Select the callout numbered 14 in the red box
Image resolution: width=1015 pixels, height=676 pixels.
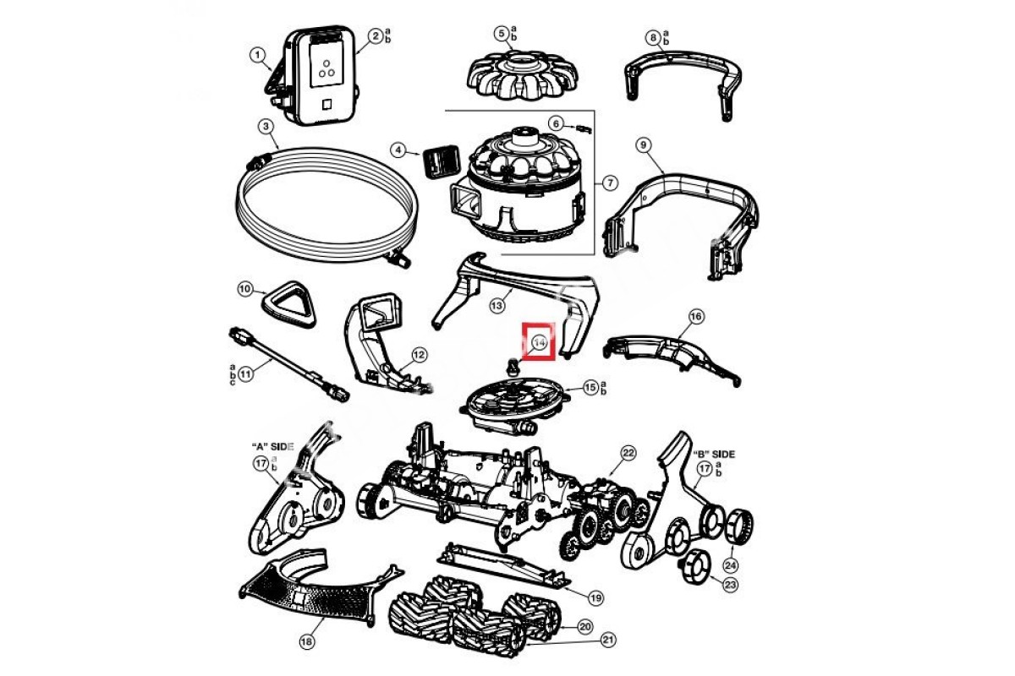pyautogui.click(x=539, y=342)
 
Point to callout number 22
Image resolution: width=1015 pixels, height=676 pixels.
pyautogui.click(x=628, y=453)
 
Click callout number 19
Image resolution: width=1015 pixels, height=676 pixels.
pyautogui.click(x=595, y=597)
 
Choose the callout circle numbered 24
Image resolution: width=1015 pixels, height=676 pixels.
pyautogui.click(x=730, y=566)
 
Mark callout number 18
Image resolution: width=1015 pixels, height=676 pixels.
pyautogui.click(x=305, y=642)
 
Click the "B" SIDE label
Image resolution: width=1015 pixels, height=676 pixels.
pyautogui.click(x=715, y=454)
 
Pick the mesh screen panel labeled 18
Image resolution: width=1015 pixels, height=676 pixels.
pyautogui.click(x=309, y=591)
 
